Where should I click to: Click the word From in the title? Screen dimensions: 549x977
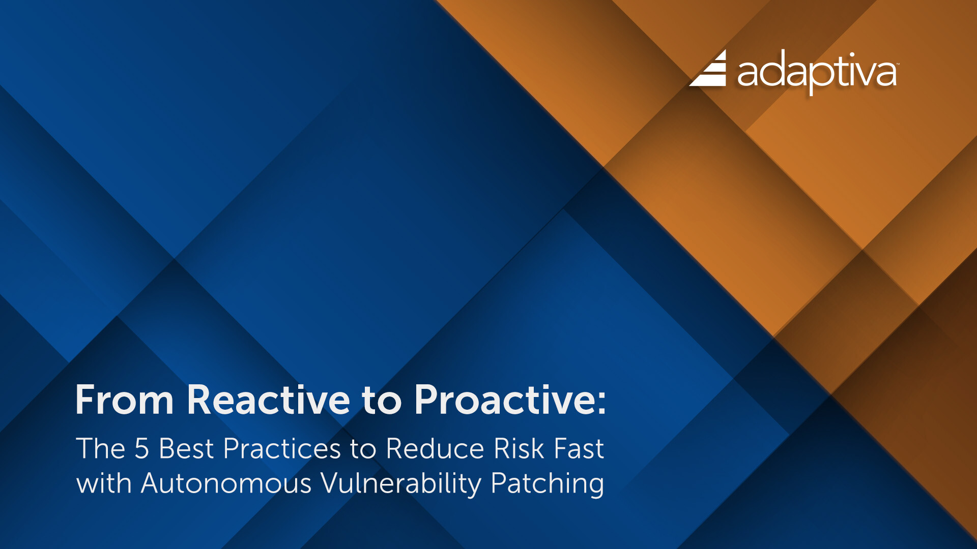point(124,400)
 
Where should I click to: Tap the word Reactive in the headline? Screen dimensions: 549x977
point(268,400)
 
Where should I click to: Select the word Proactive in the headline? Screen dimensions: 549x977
point(503,400)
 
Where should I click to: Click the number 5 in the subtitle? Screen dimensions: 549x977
point(141,449)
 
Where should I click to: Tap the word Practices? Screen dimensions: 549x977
point(281,449)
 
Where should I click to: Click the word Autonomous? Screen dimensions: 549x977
point(226,483)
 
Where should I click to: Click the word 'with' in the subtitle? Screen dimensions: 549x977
point(104,483)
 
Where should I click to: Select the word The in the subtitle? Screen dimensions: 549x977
point(100,449)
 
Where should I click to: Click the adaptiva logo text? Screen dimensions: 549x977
point(816,73)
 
